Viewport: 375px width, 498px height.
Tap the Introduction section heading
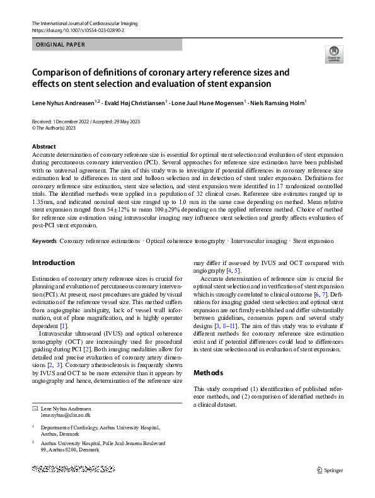[x=53, y=263]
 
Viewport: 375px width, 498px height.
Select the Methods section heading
[x=208, y=373]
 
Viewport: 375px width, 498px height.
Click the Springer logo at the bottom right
[x=330, y=470]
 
